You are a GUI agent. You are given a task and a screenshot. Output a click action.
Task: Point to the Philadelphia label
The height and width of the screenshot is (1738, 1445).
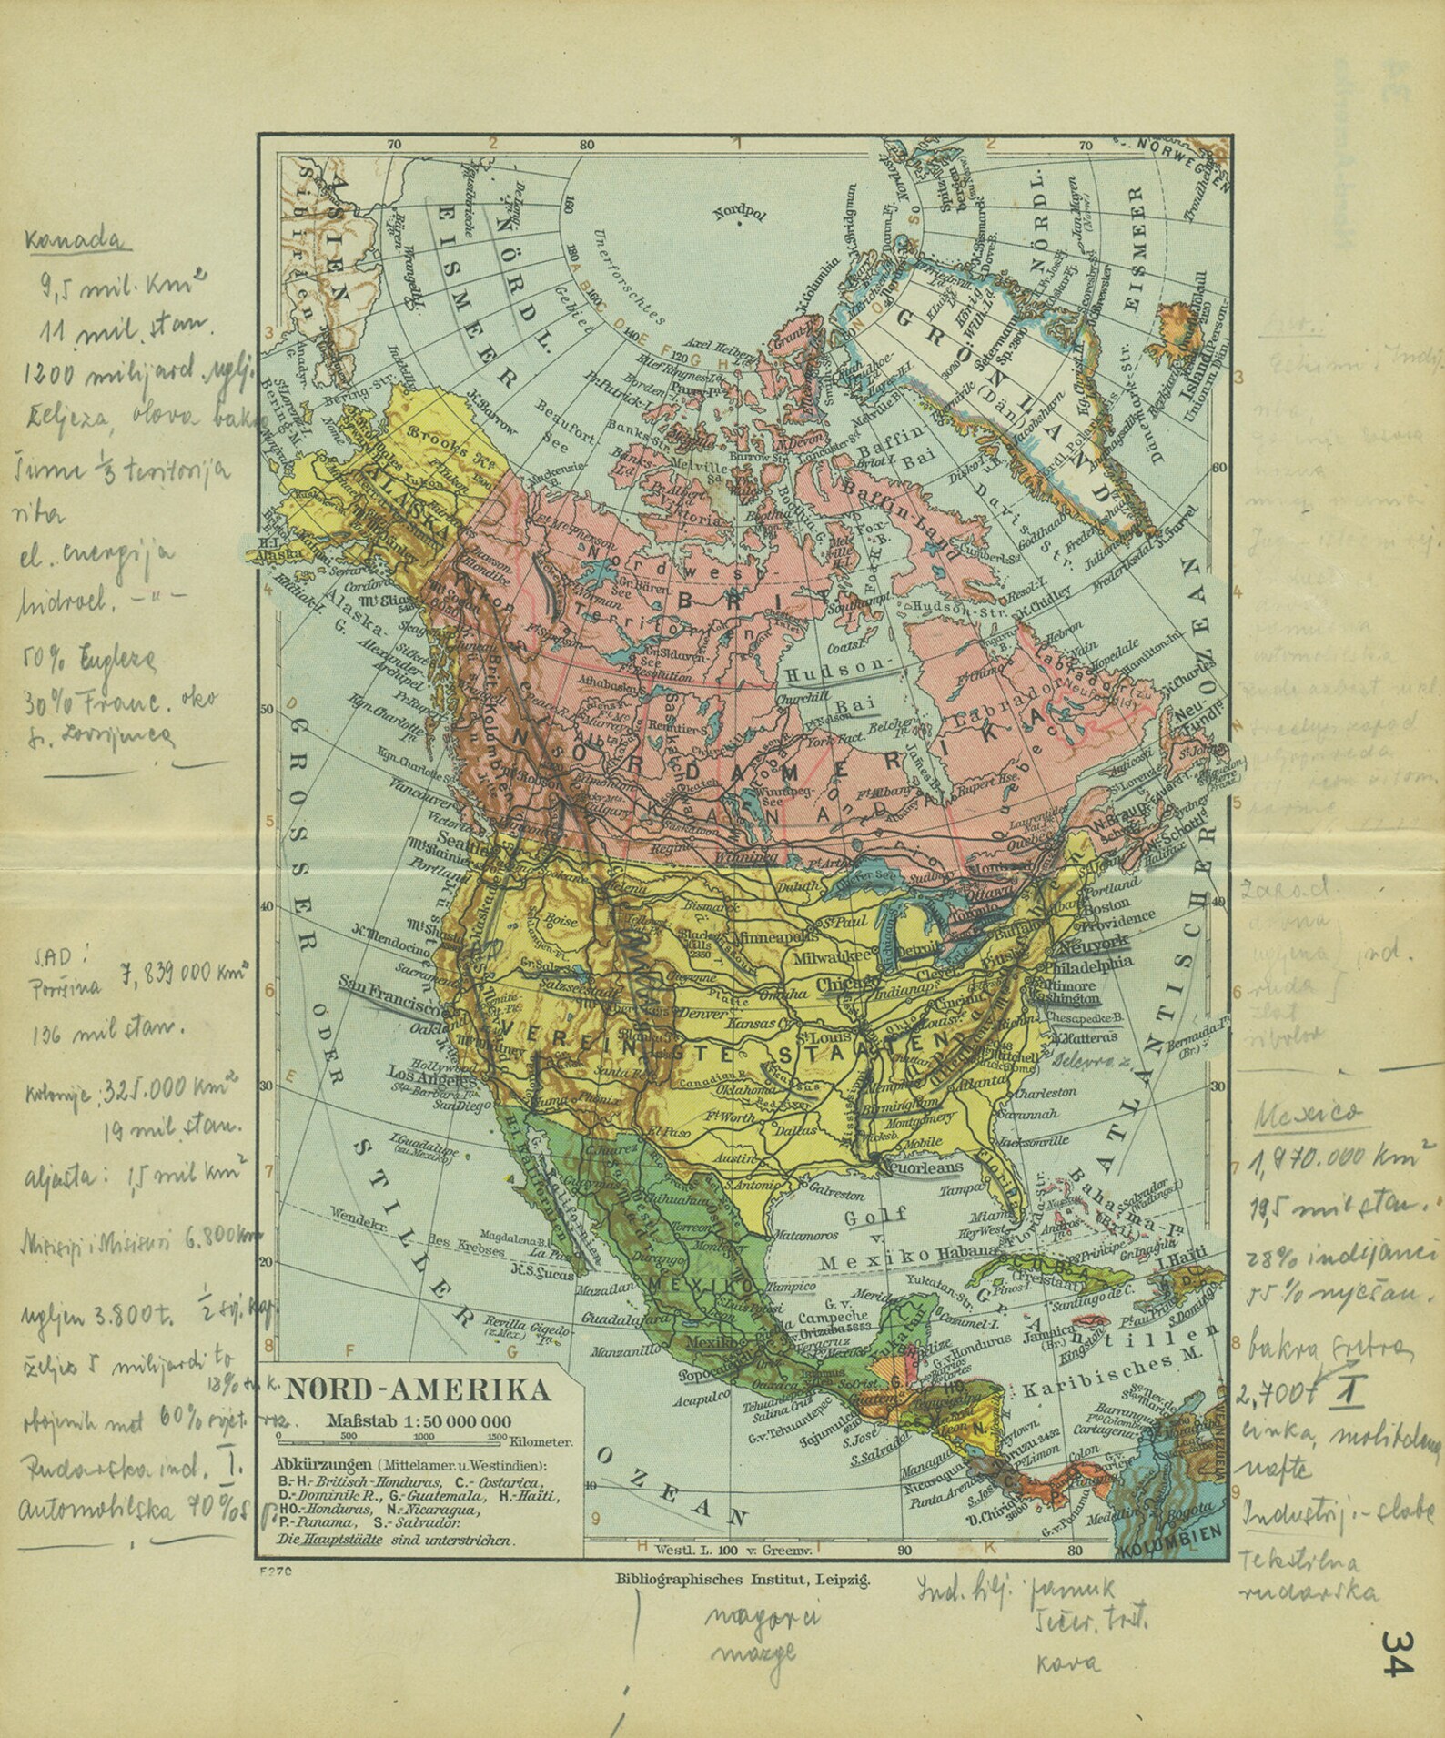click(x=1090, y=963)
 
